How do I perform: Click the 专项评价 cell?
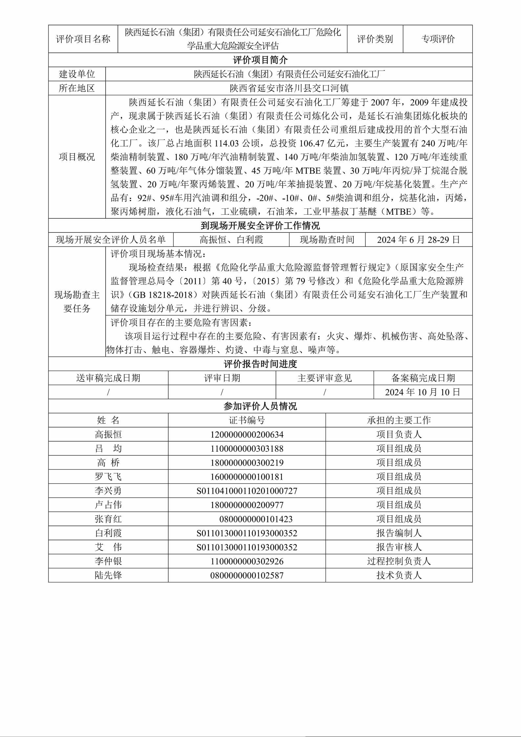pos(438,39)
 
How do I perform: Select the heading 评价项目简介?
pos(260,60)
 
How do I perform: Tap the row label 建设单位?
pos(77,74)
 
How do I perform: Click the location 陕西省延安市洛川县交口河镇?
pos(289,88)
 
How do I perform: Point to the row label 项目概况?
pos(77,157)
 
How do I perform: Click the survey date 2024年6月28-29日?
pos(419,240)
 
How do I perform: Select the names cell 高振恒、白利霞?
pos(231,240)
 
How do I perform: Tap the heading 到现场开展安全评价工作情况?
pos(260,226)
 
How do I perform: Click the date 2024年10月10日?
pos(423,392)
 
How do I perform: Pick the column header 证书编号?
pos(247,420)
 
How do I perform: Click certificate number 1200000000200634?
pos(247,434)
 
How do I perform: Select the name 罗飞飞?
pos(108,477)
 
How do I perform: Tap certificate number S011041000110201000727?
pos(247,491)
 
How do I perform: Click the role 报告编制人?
pos(399,533)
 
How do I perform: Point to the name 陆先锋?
pos(108,575)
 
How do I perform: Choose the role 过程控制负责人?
pos(399,561)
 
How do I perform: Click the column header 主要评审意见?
pos(325,378)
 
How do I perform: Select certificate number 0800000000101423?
pos(256,519)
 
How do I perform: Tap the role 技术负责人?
pos(399,575)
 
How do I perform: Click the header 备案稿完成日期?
pos(423,378)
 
